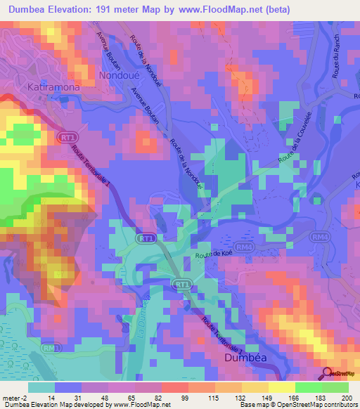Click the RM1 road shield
[49, 347]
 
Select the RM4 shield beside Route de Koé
[243, 247]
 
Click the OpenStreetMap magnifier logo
[328, 373]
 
